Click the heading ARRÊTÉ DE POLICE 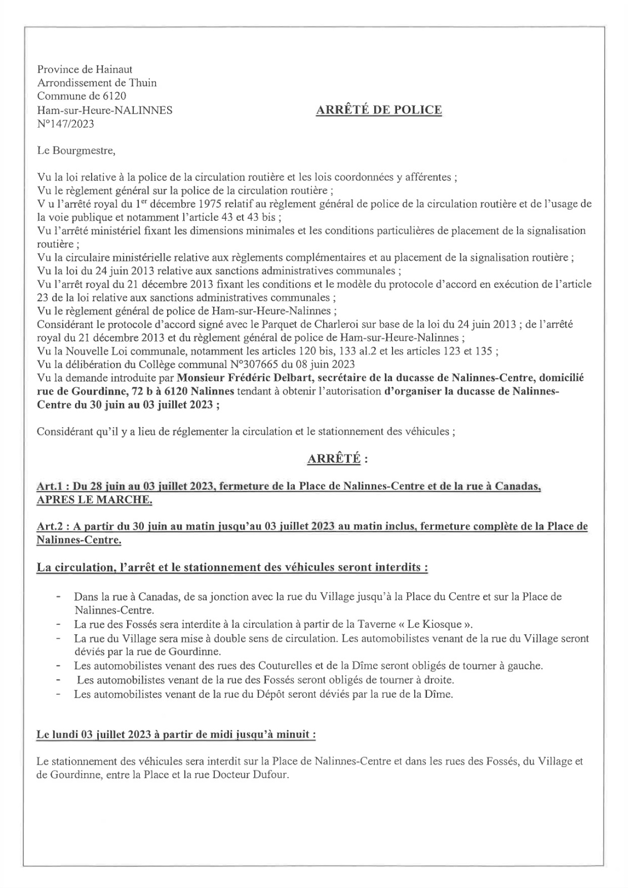379,110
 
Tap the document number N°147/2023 66,124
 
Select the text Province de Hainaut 84,69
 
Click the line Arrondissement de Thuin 97,83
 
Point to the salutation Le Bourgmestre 77,150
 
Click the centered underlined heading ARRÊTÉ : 337,459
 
